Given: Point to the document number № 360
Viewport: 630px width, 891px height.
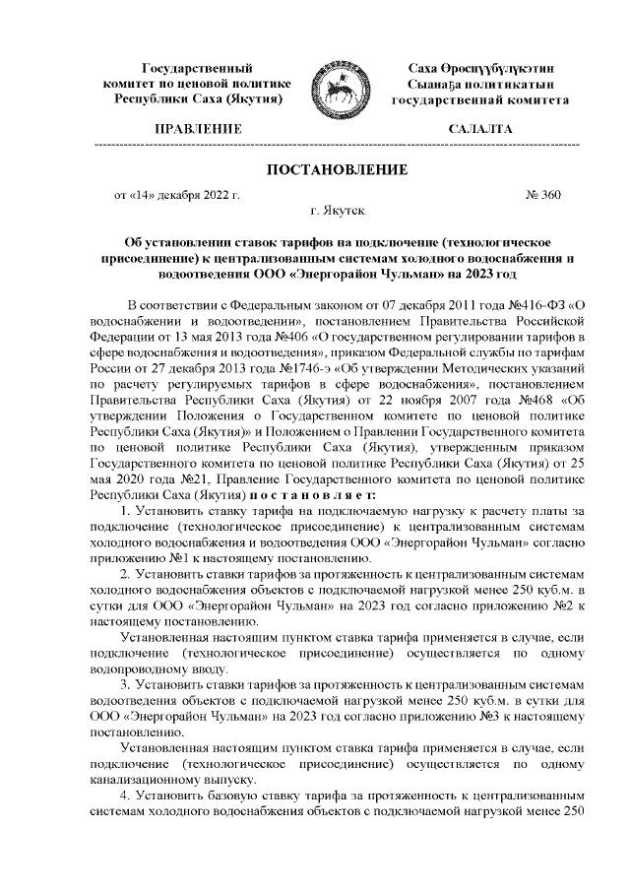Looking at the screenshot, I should (544, 195).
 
